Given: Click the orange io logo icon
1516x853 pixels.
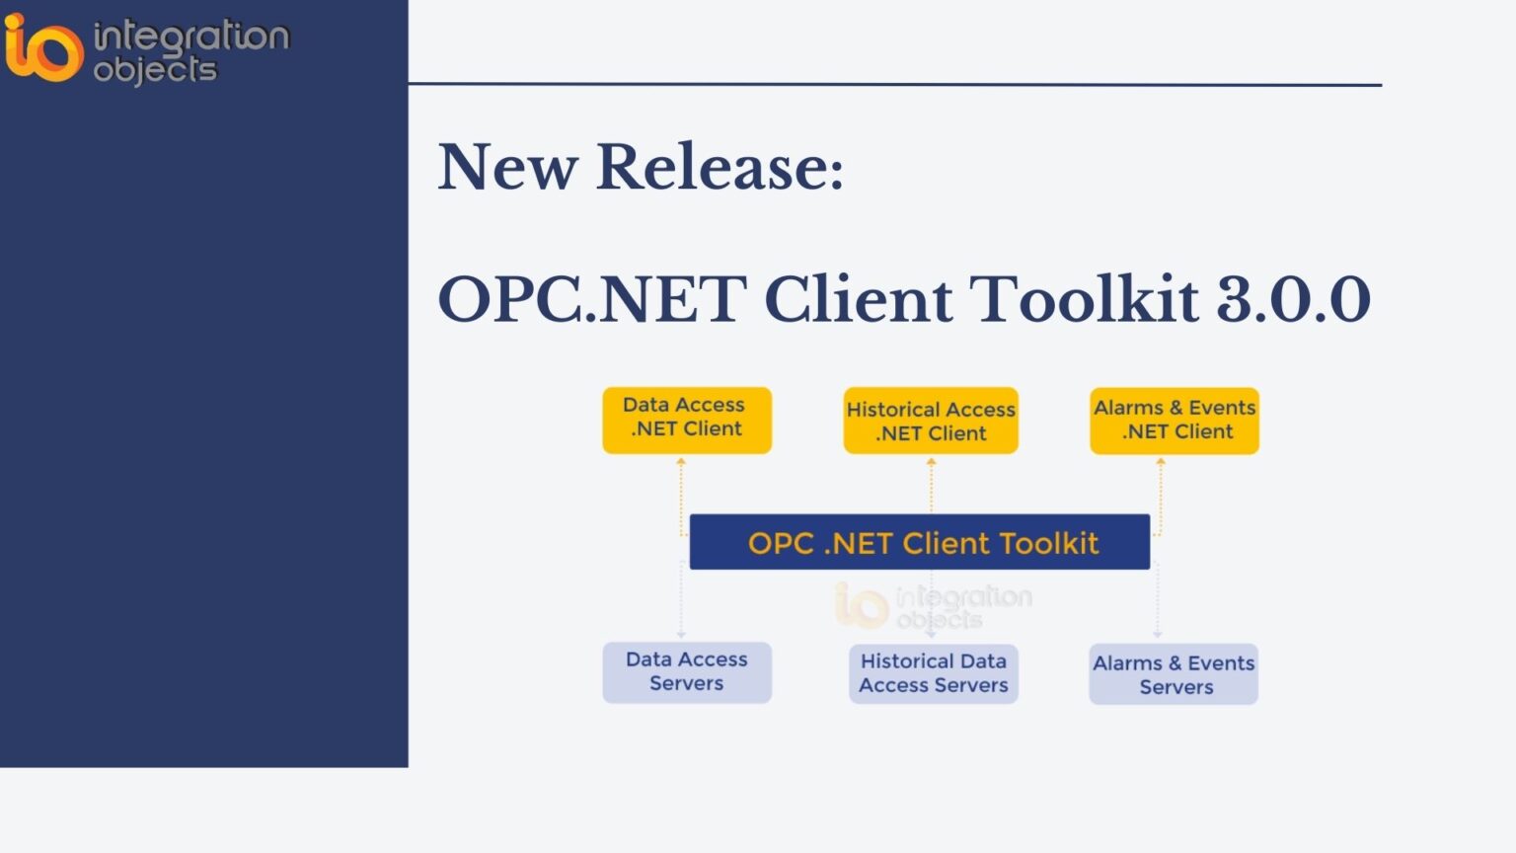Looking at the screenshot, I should [42, 46].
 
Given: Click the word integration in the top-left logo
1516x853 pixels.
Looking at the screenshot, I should [190, 38].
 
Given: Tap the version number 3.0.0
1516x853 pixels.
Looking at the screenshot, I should [1293, 299].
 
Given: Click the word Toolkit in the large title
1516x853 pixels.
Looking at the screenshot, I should [1083, 299].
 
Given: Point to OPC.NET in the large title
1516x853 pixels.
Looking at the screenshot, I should [592, 299].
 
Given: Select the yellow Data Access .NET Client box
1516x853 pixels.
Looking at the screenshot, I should [687, 420].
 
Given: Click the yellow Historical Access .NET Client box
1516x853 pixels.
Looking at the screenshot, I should [931, 421].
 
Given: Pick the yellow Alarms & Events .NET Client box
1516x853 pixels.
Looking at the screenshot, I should [1175, 421].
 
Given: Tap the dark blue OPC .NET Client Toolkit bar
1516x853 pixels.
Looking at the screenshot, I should [920, 542].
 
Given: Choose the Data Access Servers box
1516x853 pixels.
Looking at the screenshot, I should [687, 672].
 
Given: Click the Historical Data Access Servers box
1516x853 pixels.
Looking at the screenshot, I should [934, 673].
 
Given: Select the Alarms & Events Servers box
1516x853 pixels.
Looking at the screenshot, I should [1174, 674].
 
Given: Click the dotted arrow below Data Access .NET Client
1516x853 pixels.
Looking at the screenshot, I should [681, 494].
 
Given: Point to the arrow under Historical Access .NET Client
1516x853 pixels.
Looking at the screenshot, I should [931, 484].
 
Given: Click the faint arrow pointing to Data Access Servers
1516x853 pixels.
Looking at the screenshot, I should [681, 602].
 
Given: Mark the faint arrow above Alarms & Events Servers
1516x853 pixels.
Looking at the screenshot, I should [1158, 602].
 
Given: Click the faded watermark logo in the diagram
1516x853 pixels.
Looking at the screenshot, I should [933, 605].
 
